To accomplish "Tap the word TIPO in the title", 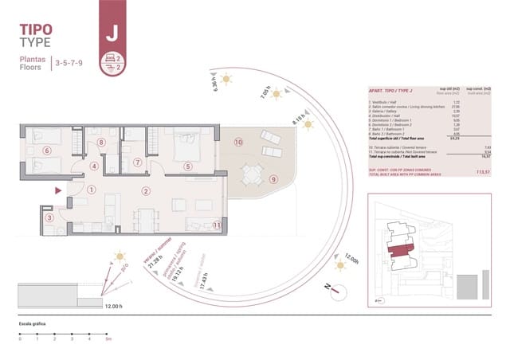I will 36,30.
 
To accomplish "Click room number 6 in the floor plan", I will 47,150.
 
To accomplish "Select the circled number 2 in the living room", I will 146,190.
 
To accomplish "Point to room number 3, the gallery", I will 49,217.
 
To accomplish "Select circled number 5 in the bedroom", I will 188,166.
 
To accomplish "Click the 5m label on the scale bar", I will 108,339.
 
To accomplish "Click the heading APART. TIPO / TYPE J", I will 390,92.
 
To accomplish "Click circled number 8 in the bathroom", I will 100,143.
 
